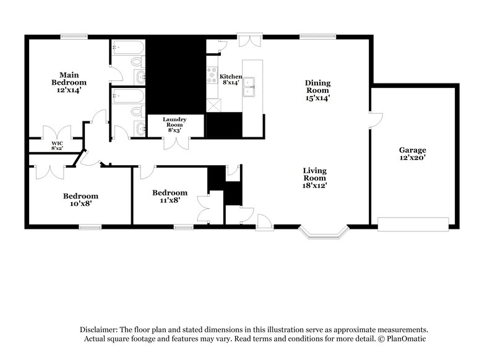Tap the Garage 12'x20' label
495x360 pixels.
click(x=412, y=154)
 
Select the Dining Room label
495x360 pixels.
click(x=317, y=90)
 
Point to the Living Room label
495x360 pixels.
click(x=314, y=178)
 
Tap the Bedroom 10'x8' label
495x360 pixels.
click(x=80, y=200)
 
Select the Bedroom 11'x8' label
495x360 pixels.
click(x=170, y=196)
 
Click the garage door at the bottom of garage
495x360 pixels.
click(x=413, y=223)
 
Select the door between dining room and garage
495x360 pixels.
click(x=376, y=119)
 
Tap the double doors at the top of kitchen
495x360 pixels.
click(x=251, y=38)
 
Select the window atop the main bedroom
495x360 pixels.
click(x=73, y=35)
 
